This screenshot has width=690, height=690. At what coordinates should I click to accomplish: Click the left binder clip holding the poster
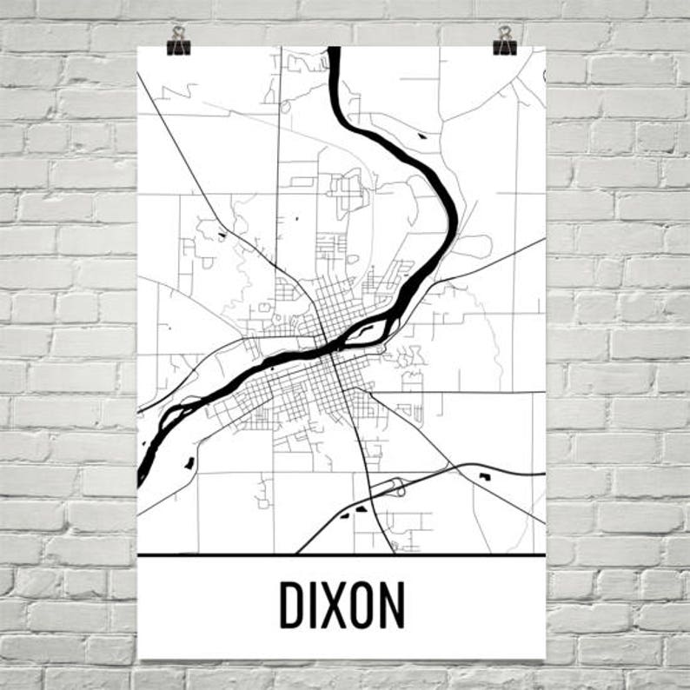pos(179,40)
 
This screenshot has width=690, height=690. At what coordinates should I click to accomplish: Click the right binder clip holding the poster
pos(504,40)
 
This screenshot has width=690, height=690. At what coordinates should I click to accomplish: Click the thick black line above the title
pos(342,554)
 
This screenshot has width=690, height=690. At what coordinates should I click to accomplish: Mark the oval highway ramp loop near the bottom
pos(396,487)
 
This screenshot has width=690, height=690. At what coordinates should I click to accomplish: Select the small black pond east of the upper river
pos(421,136)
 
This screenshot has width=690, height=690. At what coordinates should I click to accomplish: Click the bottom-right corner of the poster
pos(545,657)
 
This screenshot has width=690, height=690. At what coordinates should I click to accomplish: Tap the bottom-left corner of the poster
pos(139,657)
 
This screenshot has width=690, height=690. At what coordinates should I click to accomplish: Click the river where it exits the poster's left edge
pos(140,474)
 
